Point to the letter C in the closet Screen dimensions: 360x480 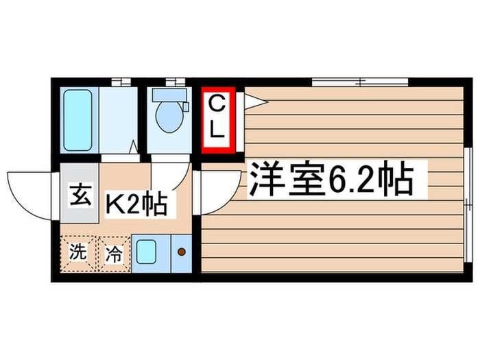(217, 105)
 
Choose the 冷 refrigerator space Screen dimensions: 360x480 (114, 254)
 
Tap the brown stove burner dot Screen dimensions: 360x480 (182, 252)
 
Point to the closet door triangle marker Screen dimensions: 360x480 (254, 102)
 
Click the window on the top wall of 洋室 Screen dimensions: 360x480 (360, 83)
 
